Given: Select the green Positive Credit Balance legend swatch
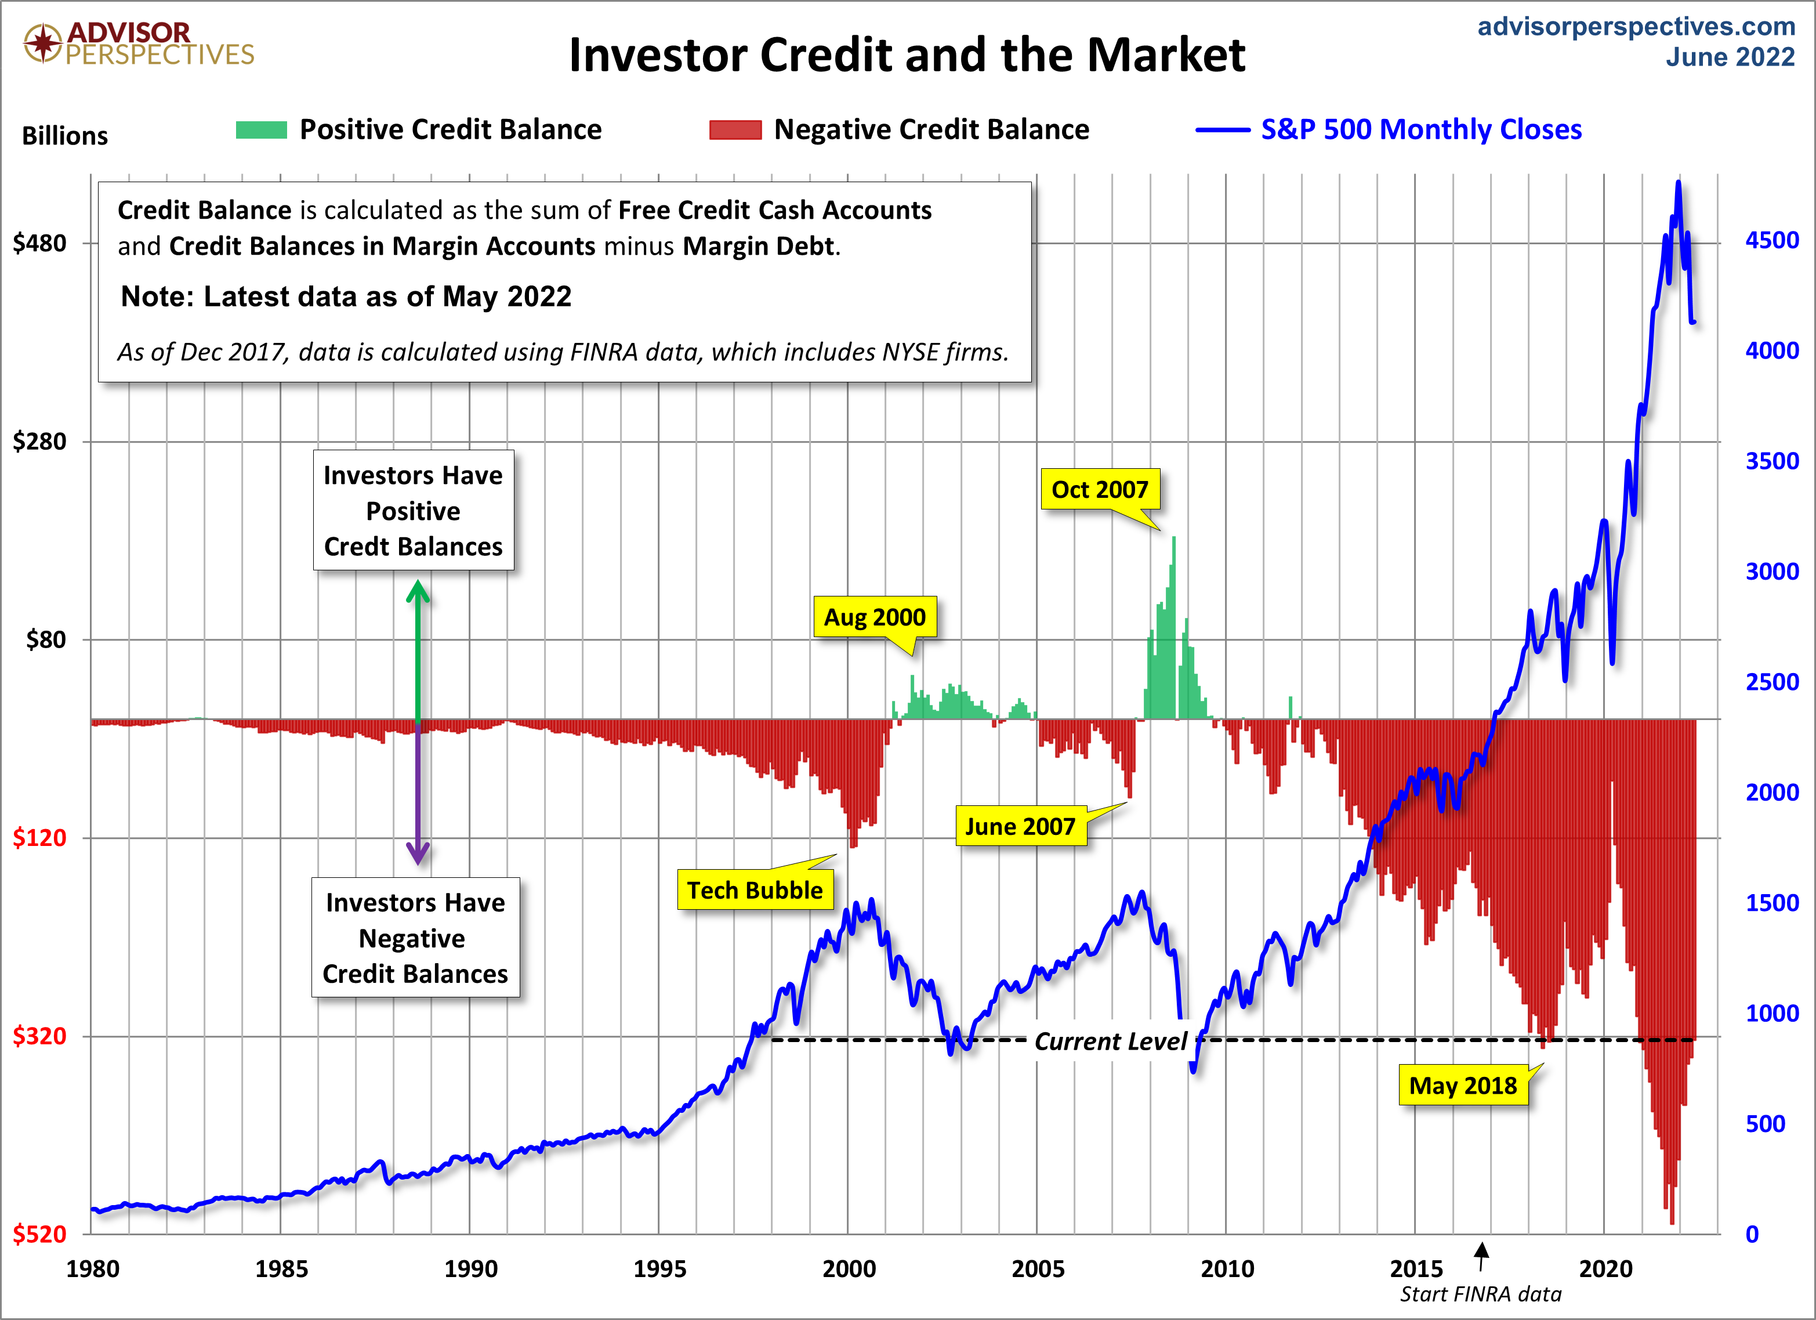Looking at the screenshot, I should [x=261, y=130].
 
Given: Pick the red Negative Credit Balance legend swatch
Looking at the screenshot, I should [x=734, y=130].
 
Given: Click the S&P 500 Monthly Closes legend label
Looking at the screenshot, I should [x=1420, y=130].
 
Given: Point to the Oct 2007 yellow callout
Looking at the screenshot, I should [x=1099, y=489].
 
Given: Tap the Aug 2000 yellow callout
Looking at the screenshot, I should [x=875, y=617].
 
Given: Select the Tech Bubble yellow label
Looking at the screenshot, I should [x=754, y=890].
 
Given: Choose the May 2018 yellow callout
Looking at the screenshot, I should [x=1462, y=1086].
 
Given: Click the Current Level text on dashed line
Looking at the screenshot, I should [x=1110, y=1041].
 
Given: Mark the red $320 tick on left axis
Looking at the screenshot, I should [x=40, y=1036].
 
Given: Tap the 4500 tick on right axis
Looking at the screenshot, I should [x=1771, y=240].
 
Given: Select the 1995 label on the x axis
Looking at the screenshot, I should [x=659, y=1269].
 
